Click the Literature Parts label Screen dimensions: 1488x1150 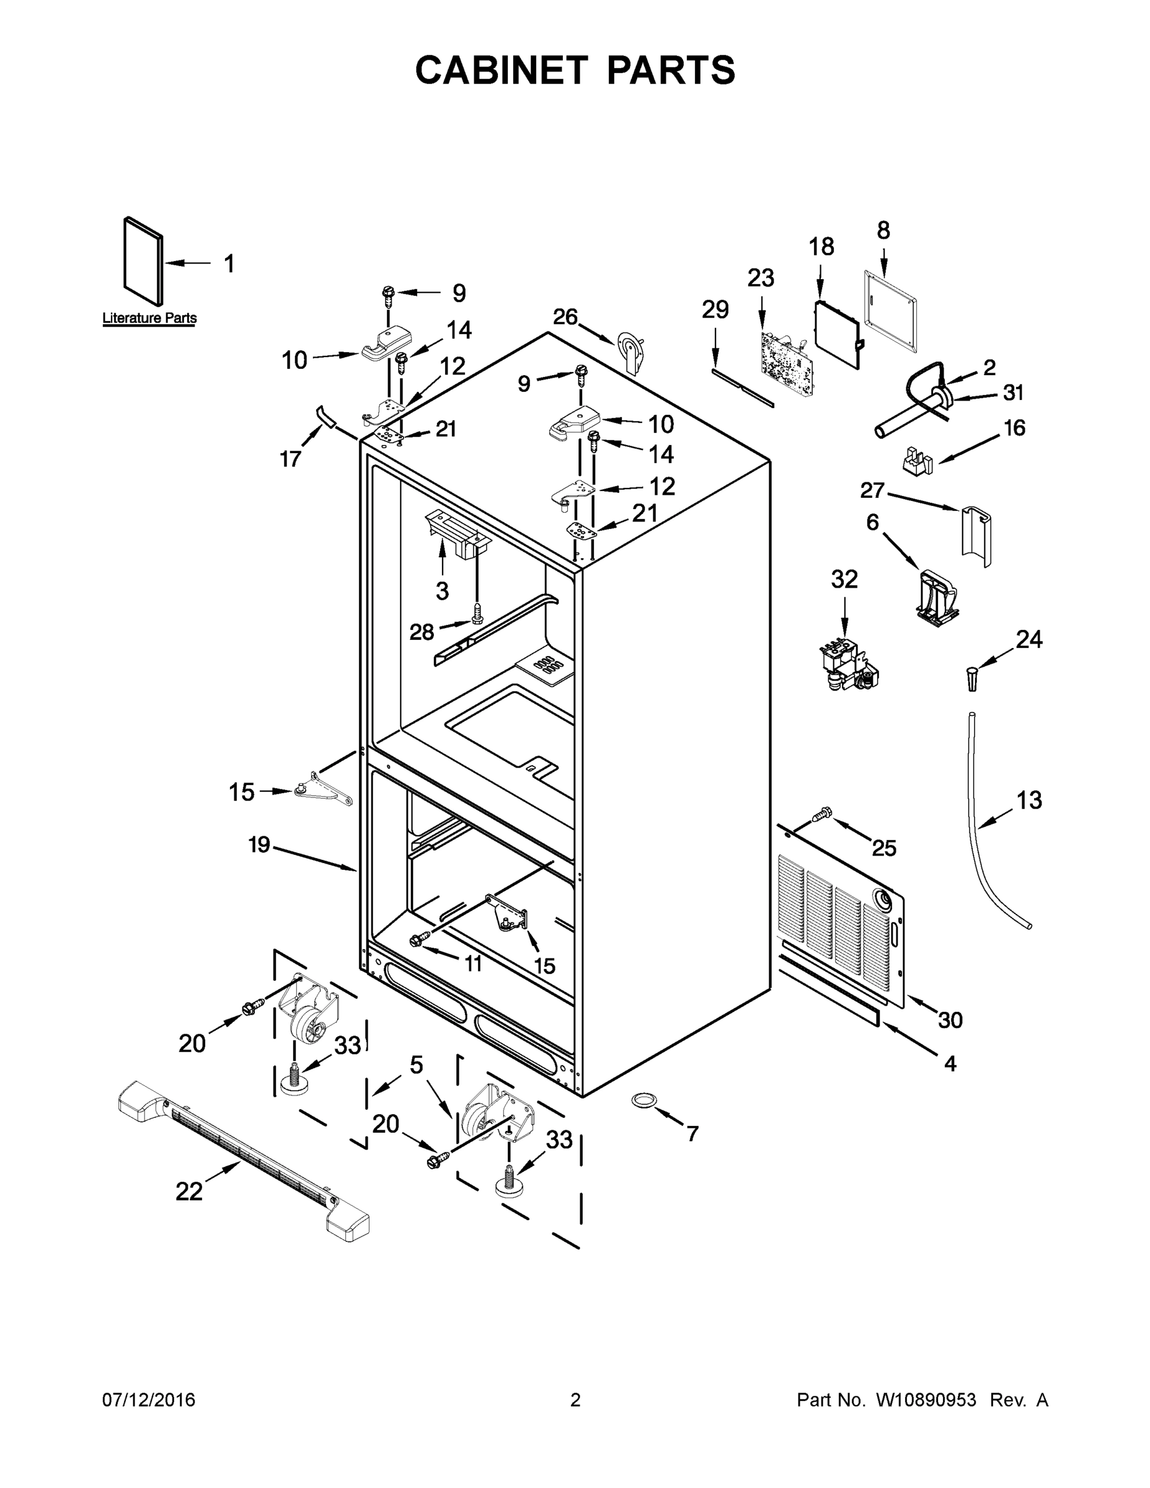coord(149,317)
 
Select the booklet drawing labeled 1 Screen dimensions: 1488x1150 coord(143,261)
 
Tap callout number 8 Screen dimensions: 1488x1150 coord(883,231)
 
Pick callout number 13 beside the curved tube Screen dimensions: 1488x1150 coord(1028,800)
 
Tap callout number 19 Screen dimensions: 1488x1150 coord(260,845)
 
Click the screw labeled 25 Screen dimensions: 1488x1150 coord(823,812)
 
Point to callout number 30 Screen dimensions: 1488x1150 coord(950,1020)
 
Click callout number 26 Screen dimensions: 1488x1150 coord(565,317)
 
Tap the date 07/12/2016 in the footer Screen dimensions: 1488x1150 coord(149,1400)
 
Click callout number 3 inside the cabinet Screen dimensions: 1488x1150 coord(442,591)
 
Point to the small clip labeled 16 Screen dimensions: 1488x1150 coord(917,461)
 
